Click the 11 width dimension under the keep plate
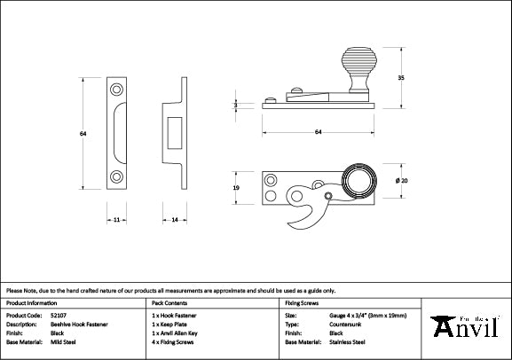[116, 218]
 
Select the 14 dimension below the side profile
[175, 218]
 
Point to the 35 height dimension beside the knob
[401, 78]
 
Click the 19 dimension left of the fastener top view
[236, 188]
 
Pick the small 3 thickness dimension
[236, 105]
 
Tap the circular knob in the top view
[359, 181]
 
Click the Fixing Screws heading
[303, 301]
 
